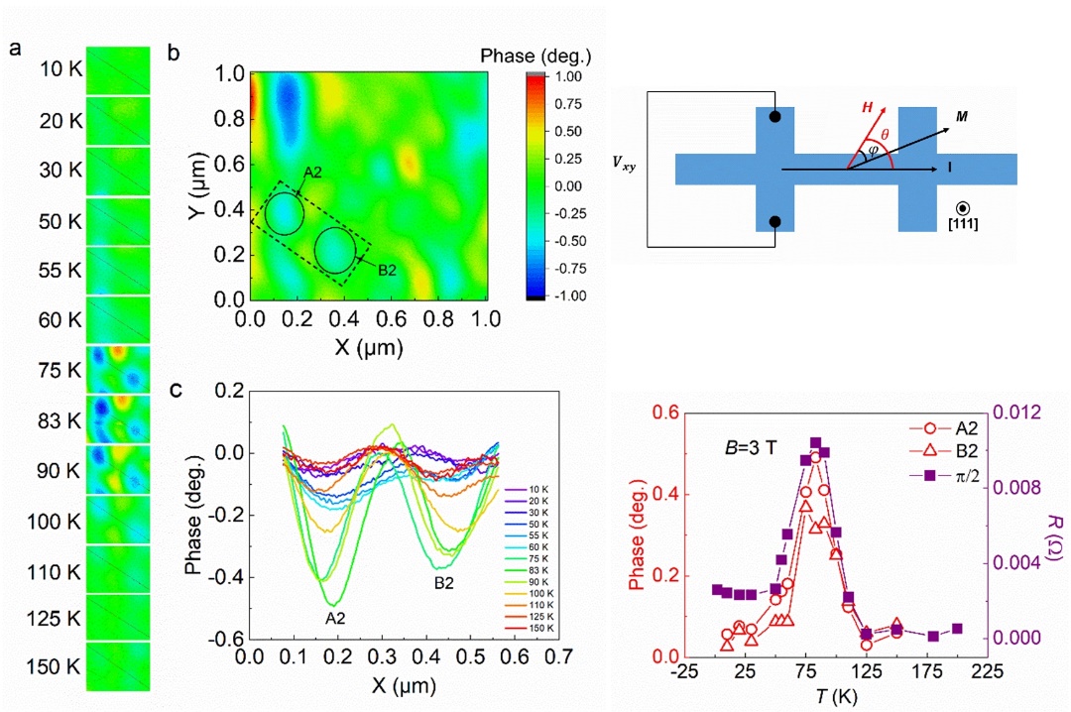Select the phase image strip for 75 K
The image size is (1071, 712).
coord(118,369)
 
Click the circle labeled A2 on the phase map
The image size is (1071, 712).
coord(284,213)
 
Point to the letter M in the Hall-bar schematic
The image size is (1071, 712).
coord(961,118)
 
